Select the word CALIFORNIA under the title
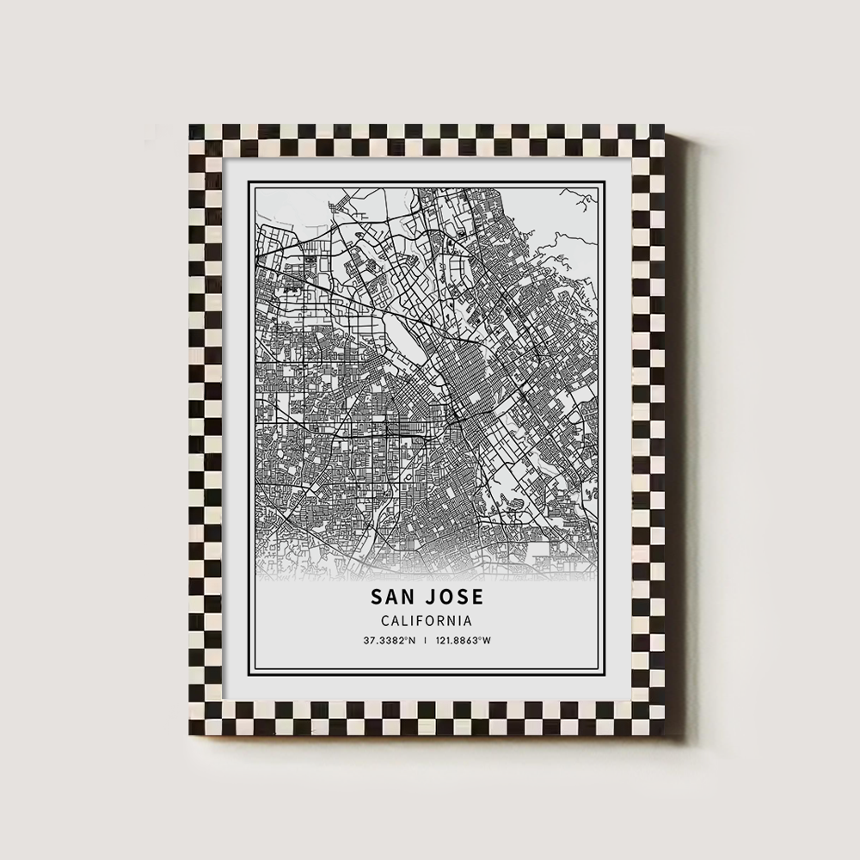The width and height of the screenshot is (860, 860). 427,619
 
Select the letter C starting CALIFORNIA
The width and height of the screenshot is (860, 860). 384,619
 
